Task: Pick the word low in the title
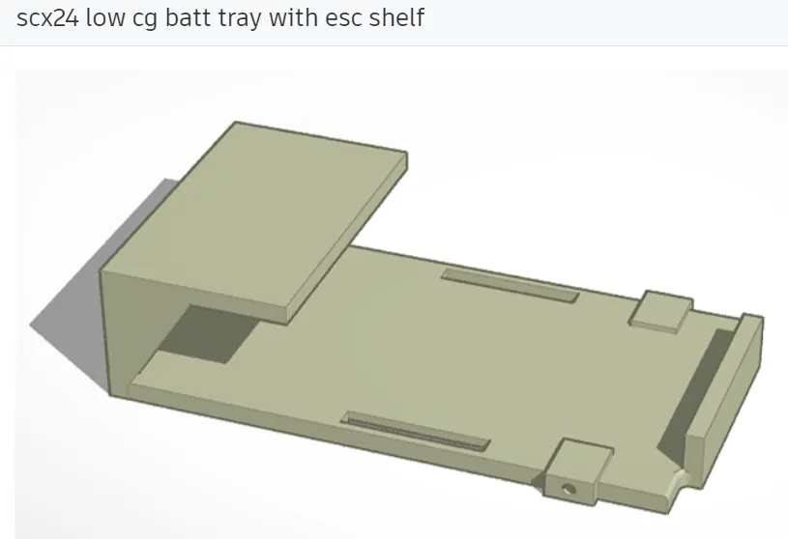pyautogui.click(x=105, y=18)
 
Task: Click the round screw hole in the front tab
pyautogui.click(x=569, y=489)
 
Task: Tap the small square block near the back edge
pyautogui.click(x=660, y=309)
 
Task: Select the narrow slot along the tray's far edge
pyautogui.click(x=510, y=283)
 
